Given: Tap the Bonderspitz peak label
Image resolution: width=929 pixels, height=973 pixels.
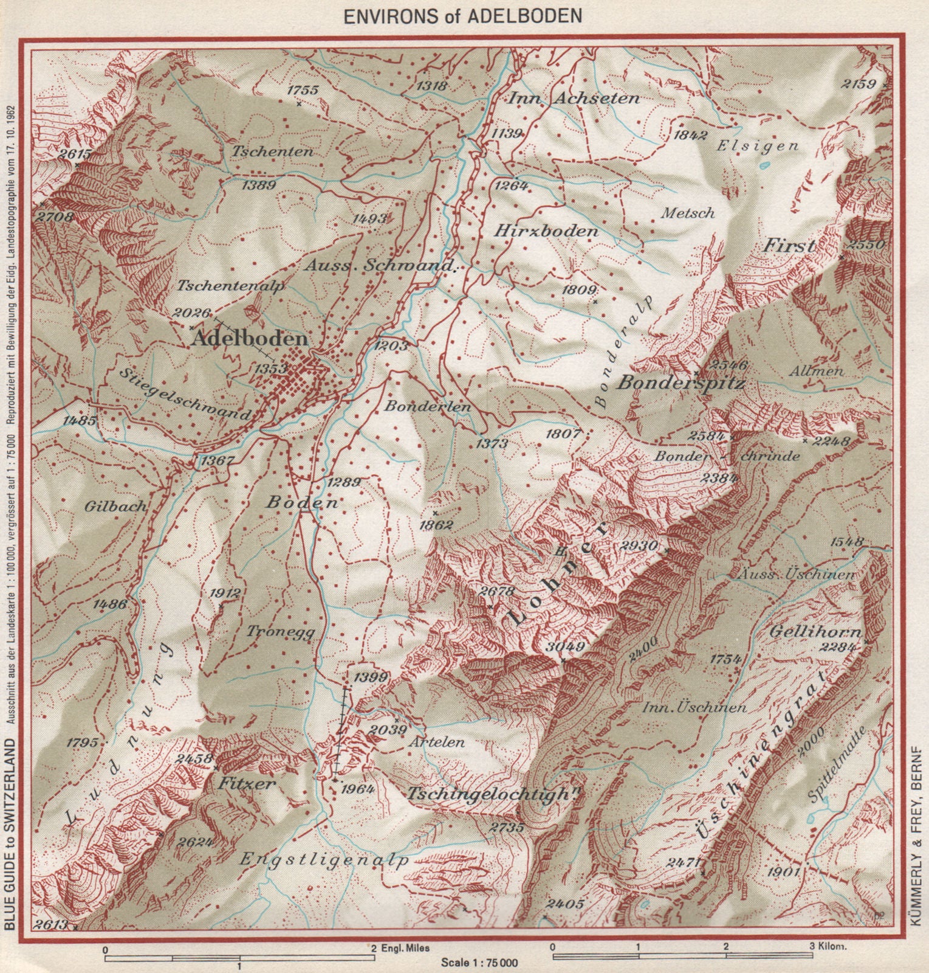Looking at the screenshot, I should pyautogui.click(x=680, y=383).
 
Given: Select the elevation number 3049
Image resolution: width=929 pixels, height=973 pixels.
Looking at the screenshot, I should pyautogui.click(x=565, y=647).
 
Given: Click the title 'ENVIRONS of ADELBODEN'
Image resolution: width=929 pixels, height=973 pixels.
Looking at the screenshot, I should pyautogui.click(x=463, y=16).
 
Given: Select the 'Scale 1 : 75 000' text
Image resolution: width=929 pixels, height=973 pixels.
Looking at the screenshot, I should pyautogui.click(x=479, y=963).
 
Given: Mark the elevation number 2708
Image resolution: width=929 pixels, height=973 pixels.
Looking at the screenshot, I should pyautogui.click(x=54, y=216).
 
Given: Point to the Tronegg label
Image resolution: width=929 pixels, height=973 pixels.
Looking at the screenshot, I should pyautogui.click(x=281, y=632).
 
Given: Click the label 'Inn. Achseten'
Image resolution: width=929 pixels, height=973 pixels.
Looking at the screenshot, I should pyautogui.click(x=574, y=97).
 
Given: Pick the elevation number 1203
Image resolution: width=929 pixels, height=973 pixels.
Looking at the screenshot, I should pyautogui.click(x=393, y=345).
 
